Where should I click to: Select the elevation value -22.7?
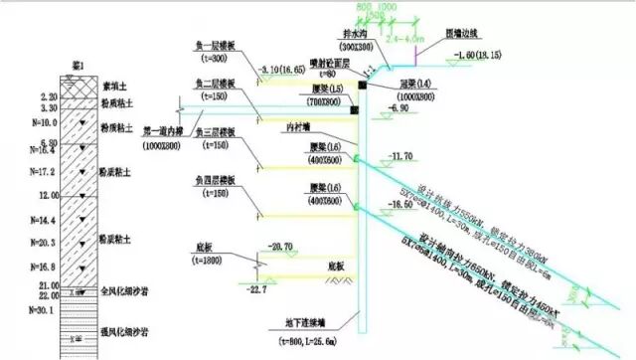tap(260, 289)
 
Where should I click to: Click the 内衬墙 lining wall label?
tap(296, 126)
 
